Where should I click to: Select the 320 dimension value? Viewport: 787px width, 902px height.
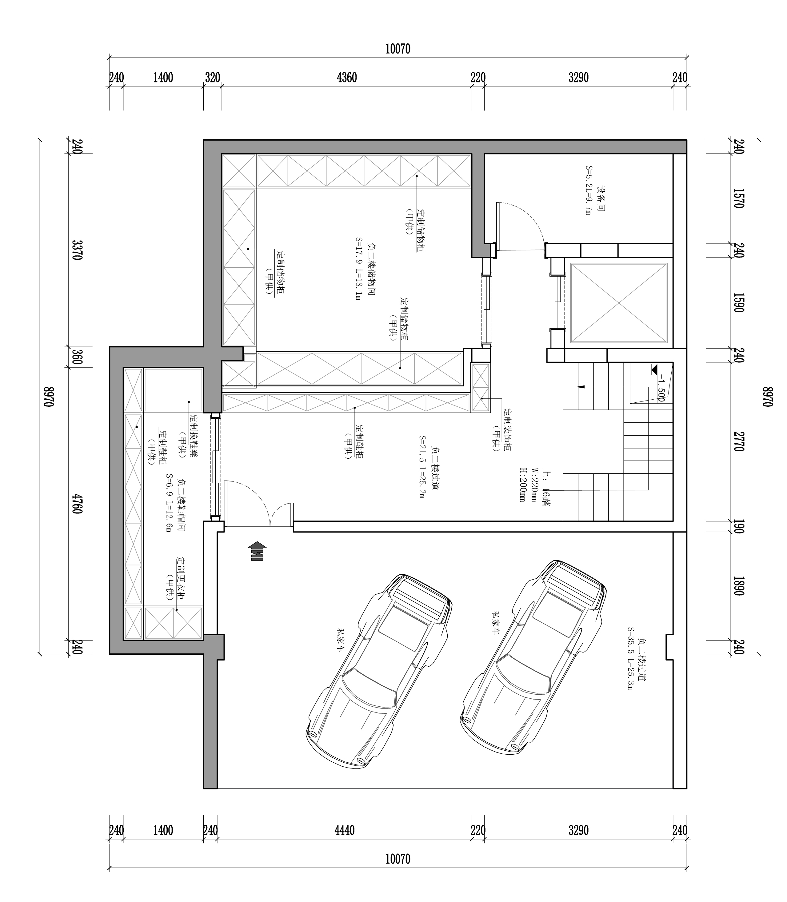click(213, 78)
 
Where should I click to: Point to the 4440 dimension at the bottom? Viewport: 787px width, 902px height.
click(344, 830)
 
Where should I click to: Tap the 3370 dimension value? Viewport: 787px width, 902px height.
click(77, 250)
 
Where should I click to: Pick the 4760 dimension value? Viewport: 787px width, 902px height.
click(77, 504)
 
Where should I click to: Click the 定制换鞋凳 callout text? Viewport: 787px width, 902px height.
click(193, 436)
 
